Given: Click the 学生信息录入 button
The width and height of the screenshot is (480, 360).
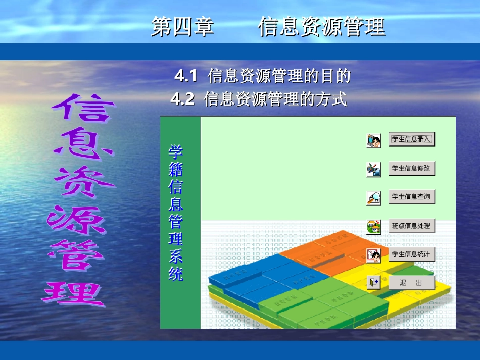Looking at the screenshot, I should pyautogui.click(x=411, y=139).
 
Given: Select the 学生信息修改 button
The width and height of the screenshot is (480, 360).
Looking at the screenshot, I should pyautogui.click(x=411, y=168).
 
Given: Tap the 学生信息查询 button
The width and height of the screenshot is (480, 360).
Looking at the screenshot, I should pyautogui.click(x=411, y=197).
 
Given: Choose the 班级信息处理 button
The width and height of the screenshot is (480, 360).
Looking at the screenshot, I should pyautogui.click(x=411, y=226).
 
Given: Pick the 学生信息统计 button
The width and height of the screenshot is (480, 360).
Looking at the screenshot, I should pyautogui.click(x=411, y=254).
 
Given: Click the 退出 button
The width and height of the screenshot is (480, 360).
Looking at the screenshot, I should pyautogui.click(x=411, y=283).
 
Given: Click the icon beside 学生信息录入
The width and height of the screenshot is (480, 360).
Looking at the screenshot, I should pyautogui.click(x=374, y=140).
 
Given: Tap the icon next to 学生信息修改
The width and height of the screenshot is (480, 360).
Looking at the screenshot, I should pyautogui.click(x=374, y=169).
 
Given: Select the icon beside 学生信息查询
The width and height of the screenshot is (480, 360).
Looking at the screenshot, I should pyautogui.click(x=374, y=198).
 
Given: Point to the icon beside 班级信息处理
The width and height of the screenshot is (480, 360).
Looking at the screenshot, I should pyautogui.click(x=374, y=227).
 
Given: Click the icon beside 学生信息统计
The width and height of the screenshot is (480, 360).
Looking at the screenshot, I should pyautogui.click(x=374, y=255).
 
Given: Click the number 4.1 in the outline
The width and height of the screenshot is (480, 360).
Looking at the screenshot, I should pyautogui.click(x=185, y=77).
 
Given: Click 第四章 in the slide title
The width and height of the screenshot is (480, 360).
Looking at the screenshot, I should pyautogui.click(x=182, y=27).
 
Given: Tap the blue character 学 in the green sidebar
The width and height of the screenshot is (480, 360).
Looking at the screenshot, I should pyautogui.click(x=175, y=152).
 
